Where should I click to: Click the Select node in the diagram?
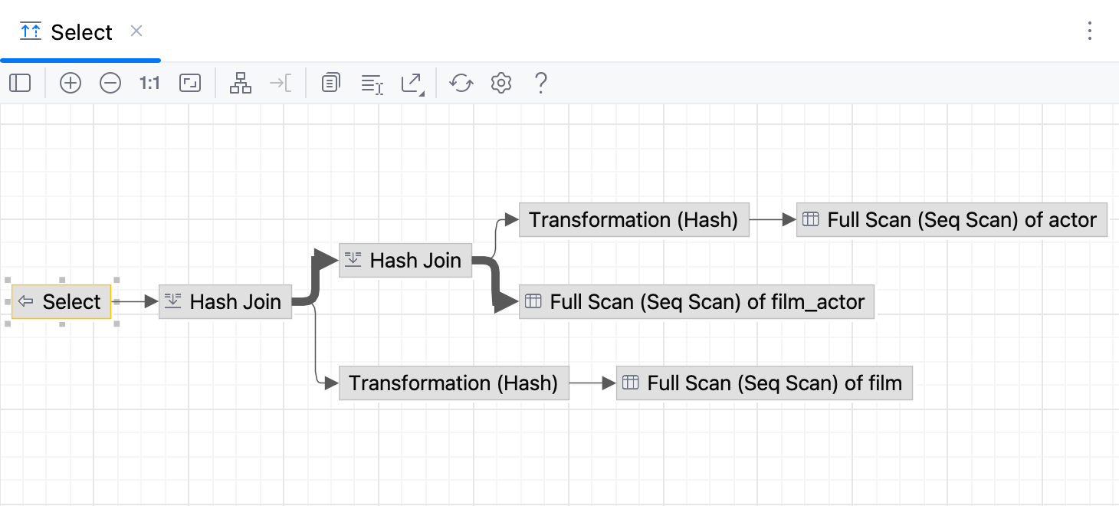tap(62, 302)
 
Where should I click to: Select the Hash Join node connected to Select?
tap(225, 302)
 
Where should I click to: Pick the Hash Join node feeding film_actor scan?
tap(405, 261)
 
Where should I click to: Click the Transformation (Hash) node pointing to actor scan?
tap(634, 221)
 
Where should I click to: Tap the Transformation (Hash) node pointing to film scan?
tap(454, 383)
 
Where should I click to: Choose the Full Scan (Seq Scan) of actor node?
tap(952, 221)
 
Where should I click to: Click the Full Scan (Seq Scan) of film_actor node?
tap(697, 302)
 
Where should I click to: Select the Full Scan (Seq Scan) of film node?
tap(764, 383)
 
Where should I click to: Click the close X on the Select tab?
tap(136, 31)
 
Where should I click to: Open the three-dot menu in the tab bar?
tap(1090, 31)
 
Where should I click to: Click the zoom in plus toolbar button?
tap(71, 83)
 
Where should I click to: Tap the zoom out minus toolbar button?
tap(110, 83)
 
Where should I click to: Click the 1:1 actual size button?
tap(149, 83)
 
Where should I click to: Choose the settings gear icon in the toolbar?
tap(501, 83)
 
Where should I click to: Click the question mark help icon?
tap(540, 83)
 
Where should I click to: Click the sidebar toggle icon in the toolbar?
tap(20, 83)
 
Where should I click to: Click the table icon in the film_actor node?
tap(533, 302)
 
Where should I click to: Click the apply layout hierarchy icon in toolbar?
tap(241, 83)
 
